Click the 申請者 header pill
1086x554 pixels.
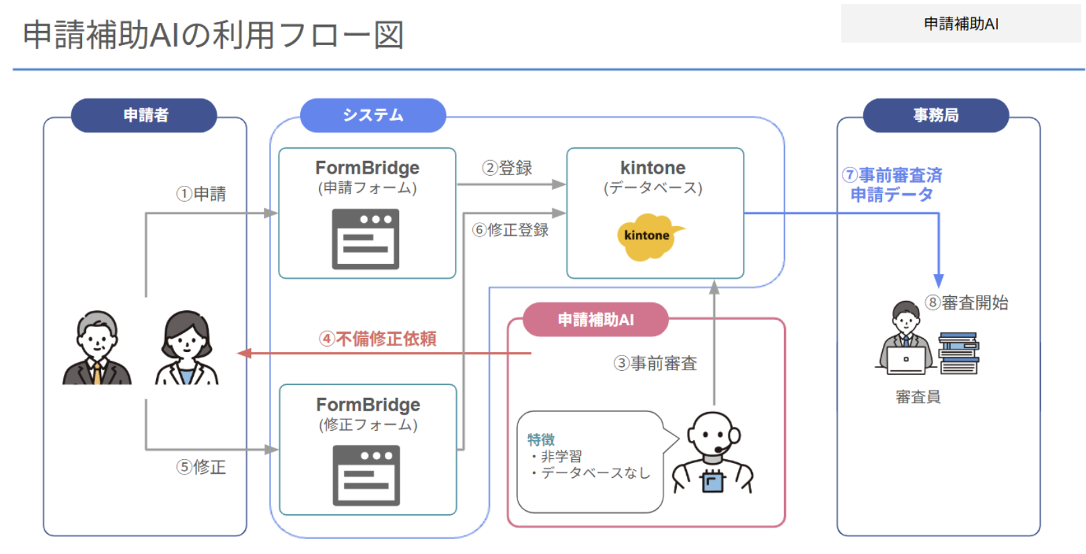144,115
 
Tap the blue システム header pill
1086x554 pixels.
373,115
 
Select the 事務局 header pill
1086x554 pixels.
935,115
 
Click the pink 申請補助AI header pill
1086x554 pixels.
595,320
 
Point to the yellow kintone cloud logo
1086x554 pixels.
647,236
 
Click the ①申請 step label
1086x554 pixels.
201,194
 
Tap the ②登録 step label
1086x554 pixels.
507,168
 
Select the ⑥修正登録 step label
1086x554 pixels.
511,230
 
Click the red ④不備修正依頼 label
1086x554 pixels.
377,339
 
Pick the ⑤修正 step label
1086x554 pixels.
201,466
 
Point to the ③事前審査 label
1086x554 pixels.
655,363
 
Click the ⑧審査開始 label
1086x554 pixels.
966,303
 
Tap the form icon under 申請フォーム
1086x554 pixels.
365,239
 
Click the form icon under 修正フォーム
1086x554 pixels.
366,475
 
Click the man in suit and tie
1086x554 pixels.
97,348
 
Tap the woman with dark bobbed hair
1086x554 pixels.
186,348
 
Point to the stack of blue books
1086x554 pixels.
959,353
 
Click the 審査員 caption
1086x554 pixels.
918,397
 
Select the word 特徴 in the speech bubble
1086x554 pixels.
541,440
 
